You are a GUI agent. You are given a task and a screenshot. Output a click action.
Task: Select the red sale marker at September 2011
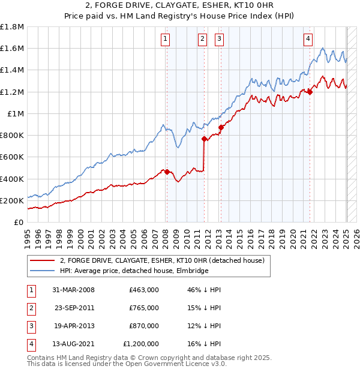point(204,139)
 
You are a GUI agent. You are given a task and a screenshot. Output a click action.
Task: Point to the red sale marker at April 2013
point(221,127)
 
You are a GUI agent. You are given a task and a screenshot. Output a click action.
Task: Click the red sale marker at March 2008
point(167,172)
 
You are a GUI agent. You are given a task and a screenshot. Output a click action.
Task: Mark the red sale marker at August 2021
point(310,91)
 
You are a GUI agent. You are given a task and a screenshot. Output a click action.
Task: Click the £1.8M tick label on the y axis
point(12,27)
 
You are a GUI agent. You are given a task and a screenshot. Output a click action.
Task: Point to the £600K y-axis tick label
point(12,157)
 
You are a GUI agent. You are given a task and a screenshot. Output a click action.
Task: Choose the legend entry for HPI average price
point(134,271)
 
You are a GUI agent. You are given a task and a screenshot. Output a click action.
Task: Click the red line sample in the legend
point(42,260)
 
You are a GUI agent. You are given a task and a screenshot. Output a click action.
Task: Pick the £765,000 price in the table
point(144,307)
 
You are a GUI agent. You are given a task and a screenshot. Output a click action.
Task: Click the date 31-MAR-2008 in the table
point(73,290)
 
